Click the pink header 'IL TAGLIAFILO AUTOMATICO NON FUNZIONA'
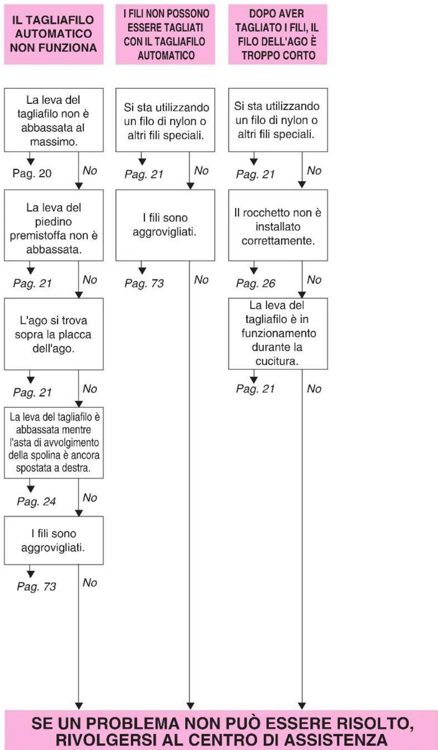[x=54, y=34]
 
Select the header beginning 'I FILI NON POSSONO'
[x=165, y=34]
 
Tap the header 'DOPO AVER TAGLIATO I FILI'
[x=278, y=34]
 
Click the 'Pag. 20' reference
[x=32, y=173]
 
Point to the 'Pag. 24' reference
[x=36, y=501]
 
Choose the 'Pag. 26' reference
[x=255, y=283]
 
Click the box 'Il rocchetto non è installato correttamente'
[x=278, y=225]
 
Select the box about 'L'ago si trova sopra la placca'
[x=54, y=334]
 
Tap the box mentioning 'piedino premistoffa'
[x=54, y=225]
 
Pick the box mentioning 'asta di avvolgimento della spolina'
[x=54, y=443]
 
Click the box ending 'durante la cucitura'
[x=278, y=334]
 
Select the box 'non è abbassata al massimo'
[x=54, y=120]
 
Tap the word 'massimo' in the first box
[x=54, y=142]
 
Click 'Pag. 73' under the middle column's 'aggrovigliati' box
[x=144, y=283]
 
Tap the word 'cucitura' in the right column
[x=277, y=361]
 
